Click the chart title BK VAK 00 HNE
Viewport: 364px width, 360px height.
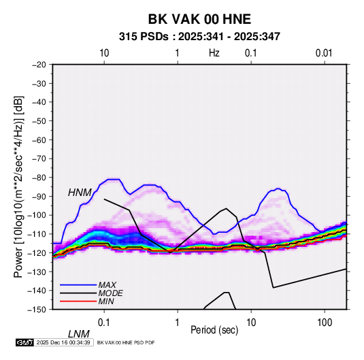(x=199, y=19)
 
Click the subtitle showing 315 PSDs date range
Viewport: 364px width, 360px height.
(x=199, y=37)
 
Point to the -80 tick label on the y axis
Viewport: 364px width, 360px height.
(x=39, y=178)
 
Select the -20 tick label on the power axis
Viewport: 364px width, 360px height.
(x=39, y=65)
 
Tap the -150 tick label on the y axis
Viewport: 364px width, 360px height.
(x=37, y=310)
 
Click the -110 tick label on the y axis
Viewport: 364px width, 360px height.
(x=37, y=234)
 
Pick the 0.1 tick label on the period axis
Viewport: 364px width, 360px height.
(x=104, y=323)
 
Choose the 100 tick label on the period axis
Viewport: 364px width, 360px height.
(x=325, y=323)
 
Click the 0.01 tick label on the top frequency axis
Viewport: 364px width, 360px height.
(x=324, y=53)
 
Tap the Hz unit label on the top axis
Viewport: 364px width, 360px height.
(x=214, y=53)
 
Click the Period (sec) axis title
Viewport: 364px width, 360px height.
(x=214, y=330)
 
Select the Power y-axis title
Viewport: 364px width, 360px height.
(x=19, y=187)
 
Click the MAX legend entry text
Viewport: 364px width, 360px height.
(x=107, y=285)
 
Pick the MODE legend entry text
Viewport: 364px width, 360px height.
(x=110, y=293)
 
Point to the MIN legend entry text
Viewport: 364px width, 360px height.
(x=106, y=301)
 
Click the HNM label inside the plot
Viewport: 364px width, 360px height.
(x=80, y=193)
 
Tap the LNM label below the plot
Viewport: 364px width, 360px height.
(x=79, y=334)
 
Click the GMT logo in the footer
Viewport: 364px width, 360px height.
(x=25, y=342)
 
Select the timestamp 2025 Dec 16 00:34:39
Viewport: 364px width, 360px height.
(x=63, y=342)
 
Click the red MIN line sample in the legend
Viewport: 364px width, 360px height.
(x=78, y=301)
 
